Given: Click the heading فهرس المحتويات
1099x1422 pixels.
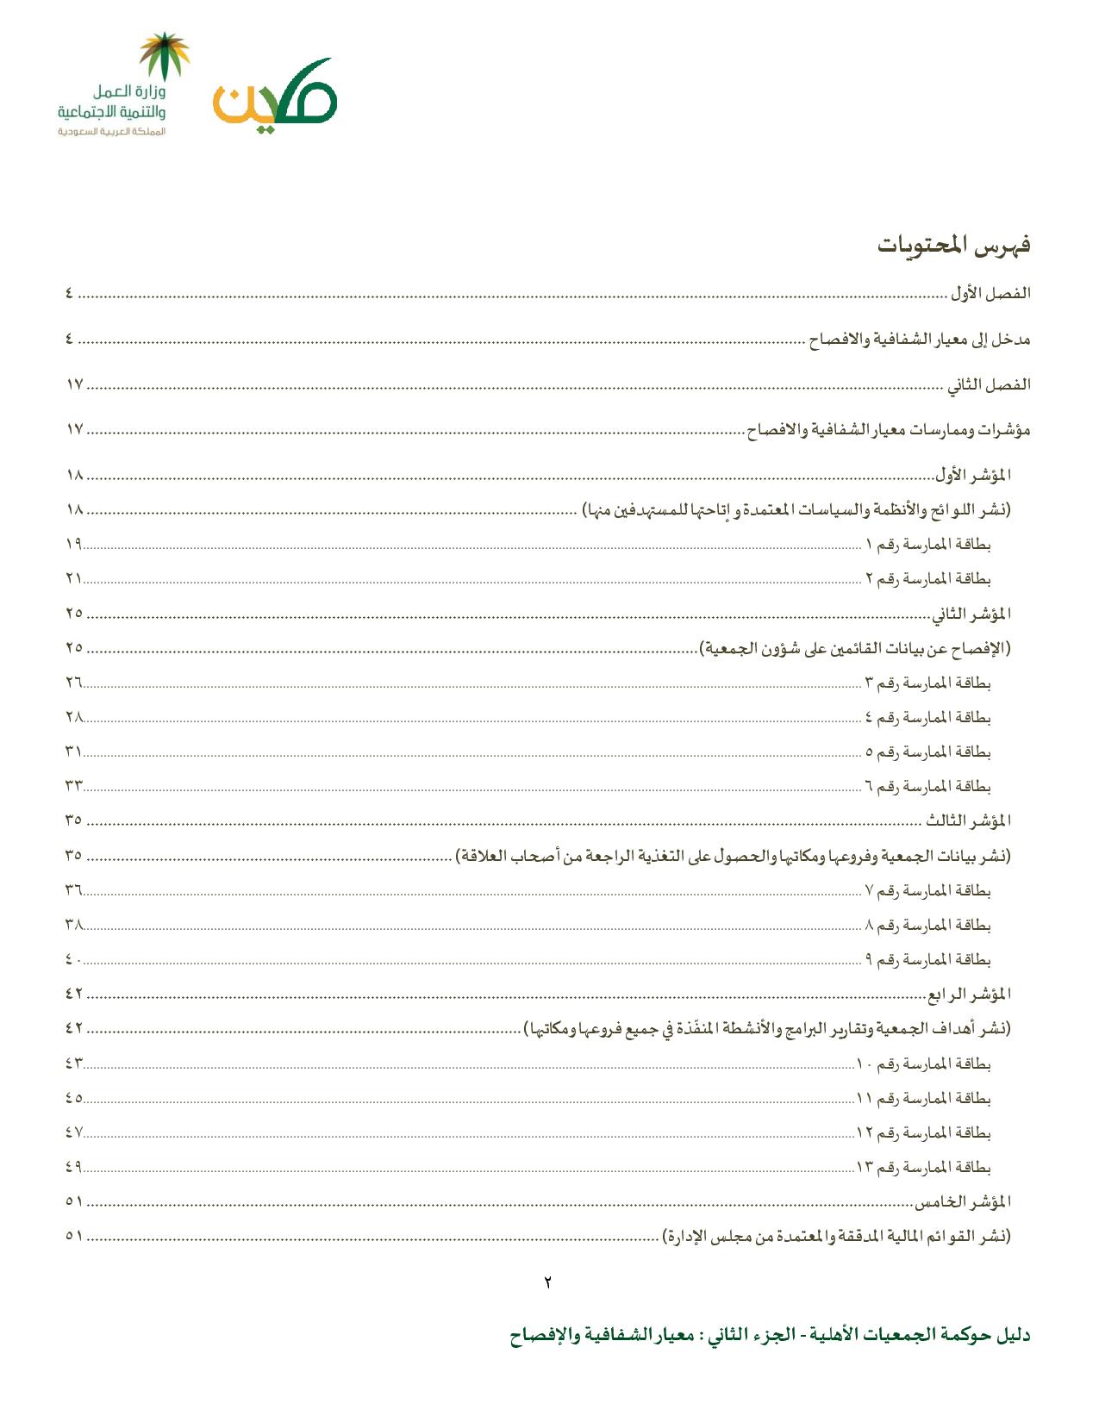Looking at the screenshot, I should tap(954, 246).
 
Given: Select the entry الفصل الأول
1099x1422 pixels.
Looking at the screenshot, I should tap(991, 294).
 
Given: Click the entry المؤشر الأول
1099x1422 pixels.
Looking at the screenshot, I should tap(973, 475).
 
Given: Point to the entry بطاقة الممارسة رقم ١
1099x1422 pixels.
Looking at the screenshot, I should tap(927, 545).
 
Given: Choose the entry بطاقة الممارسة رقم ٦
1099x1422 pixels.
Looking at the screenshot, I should tap(927, 786).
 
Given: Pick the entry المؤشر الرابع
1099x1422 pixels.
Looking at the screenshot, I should tap(969, 995).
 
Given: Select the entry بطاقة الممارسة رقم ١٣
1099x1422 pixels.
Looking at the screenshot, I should tap(924, 1167).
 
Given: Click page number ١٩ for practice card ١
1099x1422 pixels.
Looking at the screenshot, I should tap(73, 545).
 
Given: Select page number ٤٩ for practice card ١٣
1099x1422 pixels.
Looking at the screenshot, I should tap(73, 1167).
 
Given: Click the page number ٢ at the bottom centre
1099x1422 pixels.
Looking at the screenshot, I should tap(548, 1281).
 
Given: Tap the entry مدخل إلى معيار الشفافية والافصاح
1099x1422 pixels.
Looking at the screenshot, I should tap(920, 340).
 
